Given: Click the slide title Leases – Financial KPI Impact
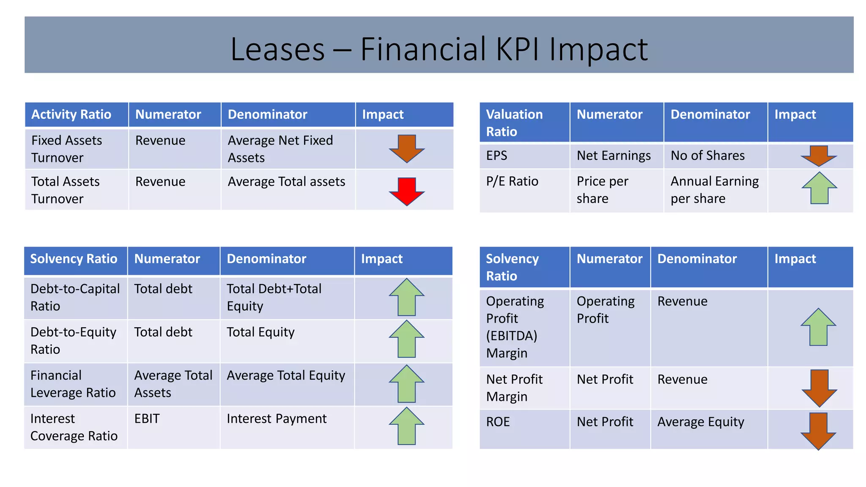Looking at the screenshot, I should [x=439, y=49].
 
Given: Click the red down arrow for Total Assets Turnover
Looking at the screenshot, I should [x=406, y=191].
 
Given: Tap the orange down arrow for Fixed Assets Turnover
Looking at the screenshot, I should [x=406, y=148].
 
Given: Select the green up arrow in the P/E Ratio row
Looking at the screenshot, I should [x=819, y=188].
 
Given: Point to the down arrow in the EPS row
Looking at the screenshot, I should [x=819, y=156].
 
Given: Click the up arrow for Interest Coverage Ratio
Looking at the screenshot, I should [x=406, y=426].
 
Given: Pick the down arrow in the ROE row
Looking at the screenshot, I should [x=819, y=431].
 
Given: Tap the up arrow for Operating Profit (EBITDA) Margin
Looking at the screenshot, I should [x=819, y=327].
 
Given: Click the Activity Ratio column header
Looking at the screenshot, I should [x=71, y=115].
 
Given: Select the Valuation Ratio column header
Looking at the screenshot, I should [x=514, y=123].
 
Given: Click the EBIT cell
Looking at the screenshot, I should [x=147, y=419].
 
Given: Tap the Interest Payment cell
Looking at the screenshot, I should [x=277, y=419].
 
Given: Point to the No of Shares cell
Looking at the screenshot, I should [x=707, y=156].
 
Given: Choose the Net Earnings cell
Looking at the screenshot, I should [x=614, y=156].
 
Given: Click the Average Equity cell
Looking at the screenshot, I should [x=701, y=422].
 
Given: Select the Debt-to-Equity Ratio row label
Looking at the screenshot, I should [x=73, y=341].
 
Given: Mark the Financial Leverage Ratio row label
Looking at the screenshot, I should [x=73, y=384].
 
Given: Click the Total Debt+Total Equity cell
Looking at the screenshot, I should [x=274, y=297].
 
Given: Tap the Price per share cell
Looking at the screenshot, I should [x=602, y=190].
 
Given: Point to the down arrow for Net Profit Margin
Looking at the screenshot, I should [x=819, y=388].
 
